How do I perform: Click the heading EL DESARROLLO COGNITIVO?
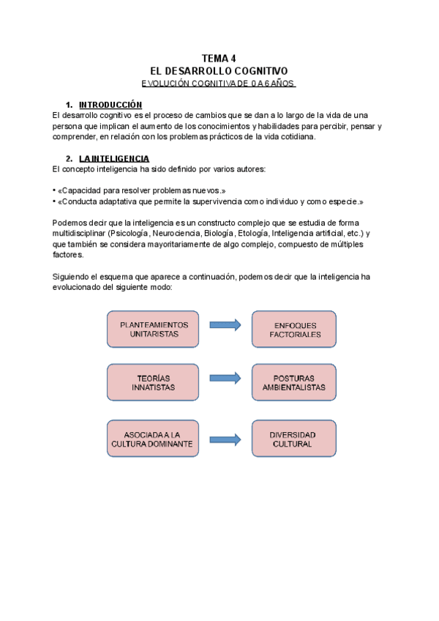click(219, 72)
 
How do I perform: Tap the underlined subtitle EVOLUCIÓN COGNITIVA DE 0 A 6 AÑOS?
click(218, 83)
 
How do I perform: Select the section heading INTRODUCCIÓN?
click(110, 105)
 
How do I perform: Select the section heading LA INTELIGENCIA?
click(114, 158)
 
